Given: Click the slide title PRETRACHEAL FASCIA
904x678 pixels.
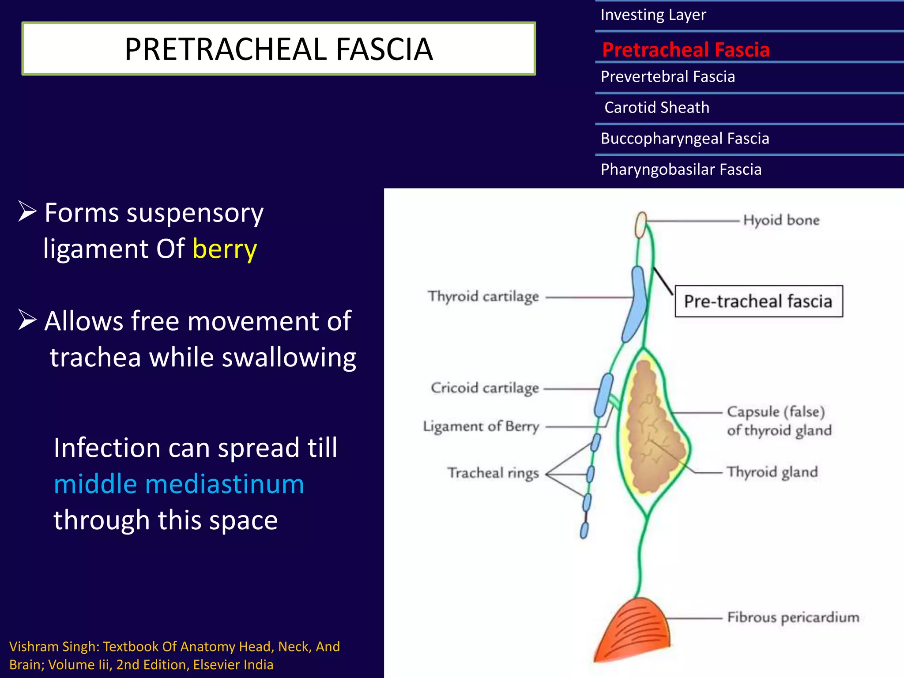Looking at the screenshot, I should click(x=279, y=49).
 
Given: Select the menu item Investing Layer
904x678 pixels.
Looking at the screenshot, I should click(x=653, y=15).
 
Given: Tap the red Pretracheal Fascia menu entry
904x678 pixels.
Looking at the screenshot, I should click(x=686, y=49).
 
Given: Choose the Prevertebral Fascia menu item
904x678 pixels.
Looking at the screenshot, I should click(x=667, y=77).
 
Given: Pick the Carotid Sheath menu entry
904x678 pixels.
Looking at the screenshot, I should click(x=656, y=108).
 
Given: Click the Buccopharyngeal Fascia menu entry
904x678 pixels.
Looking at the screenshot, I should click(x=685, y=139).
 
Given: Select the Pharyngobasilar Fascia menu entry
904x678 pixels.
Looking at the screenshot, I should click(x=681, y=169).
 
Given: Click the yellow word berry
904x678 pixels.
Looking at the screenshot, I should click(x=225, y=249).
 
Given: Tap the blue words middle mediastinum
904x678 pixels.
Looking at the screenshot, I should click(x=179, y=484).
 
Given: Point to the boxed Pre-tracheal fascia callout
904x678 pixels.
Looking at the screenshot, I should click(x=758, y=301).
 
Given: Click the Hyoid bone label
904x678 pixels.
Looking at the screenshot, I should click(x=781, y=220).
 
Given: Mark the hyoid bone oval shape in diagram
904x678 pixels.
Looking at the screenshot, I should click(x=640, y=225).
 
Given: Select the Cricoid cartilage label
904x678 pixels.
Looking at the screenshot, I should click(x=485, y=388).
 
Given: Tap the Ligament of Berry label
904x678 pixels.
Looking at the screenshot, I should click(x=481, y=426).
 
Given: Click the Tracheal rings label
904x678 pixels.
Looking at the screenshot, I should click(x=493, y=473).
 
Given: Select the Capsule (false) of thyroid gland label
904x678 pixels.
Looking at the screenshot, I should click(x=779, y=421).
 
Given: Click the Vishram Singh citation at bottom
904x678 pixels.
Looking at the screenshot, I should click(x=174, y=655).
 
